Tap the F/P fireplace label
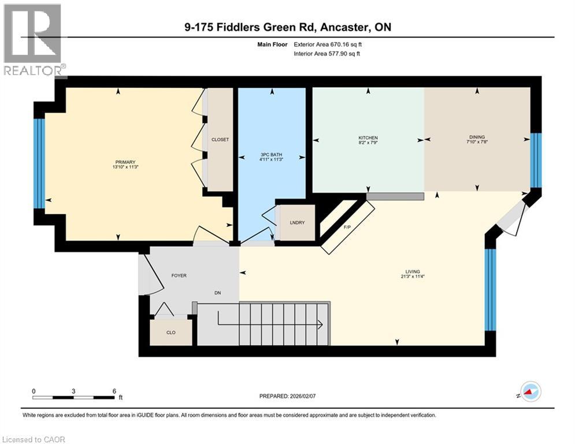click(347, 227)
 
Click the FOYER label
click(179, 276)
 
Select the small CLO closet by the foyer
click(170, 332)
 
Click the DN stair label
click(218, 293)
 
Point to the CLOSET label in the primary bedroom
click(220, 140)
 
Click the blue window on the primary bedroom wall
click(39, 163)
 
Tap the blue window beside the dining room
click(536, 160)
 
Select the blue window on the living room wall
click(490, 289)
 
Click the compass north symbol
click(530, 392)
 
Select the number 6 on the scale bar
click(114, 391)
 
